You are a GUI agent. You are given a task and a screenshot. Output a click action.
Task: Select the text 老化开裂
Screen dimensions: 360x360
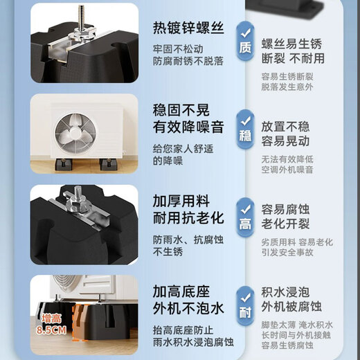(x=285, y=224)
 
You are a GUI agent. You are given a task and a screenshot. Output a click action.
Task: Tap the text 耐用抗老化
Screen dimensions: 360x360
(x=188, y=218)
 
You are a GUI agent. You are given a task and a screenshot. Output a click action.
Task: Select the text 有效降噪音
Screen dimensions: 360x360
(x=188, y=127)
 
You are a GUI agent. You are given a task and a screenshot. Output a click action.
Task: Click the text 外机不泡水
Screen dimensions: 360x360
(x=188, y=309)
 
